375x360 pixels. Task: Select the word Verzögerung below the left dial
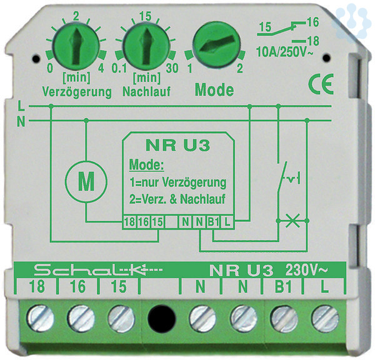coord(77,92)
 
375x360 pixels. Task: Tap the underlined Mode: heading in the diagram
coord(145,167)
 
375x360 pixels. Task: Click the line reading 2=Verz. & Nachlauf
coord(177,199)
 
